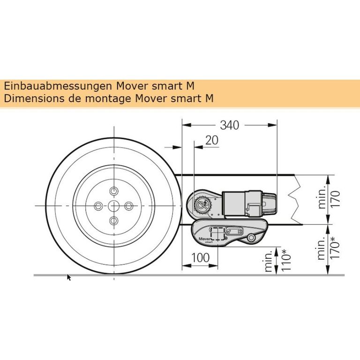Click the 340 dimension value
coord(229,125)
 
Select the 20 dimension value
coord(212,140)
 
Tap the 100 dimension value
coord(200,258)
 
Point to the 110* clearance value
coord(286,260)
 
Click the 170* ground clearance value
coord(335,247)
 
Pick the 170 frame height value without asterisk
coord(335,199)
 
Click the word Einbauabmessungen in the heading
coord(58,86)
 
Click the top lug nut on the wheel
coord(114,191)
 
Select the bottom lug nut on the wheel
coord(114,221)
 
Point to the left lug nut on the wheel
coord(98,206)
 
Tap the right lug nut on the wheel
coord(129,206)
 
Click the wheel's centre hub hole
coord(114,206)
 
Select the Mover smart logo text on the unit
coord(204,240)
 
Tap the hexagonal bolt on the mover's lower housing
coord(252,238)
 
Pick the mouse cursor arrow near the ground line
coord(68,277)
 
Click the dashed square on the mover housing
coord(217,233)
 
